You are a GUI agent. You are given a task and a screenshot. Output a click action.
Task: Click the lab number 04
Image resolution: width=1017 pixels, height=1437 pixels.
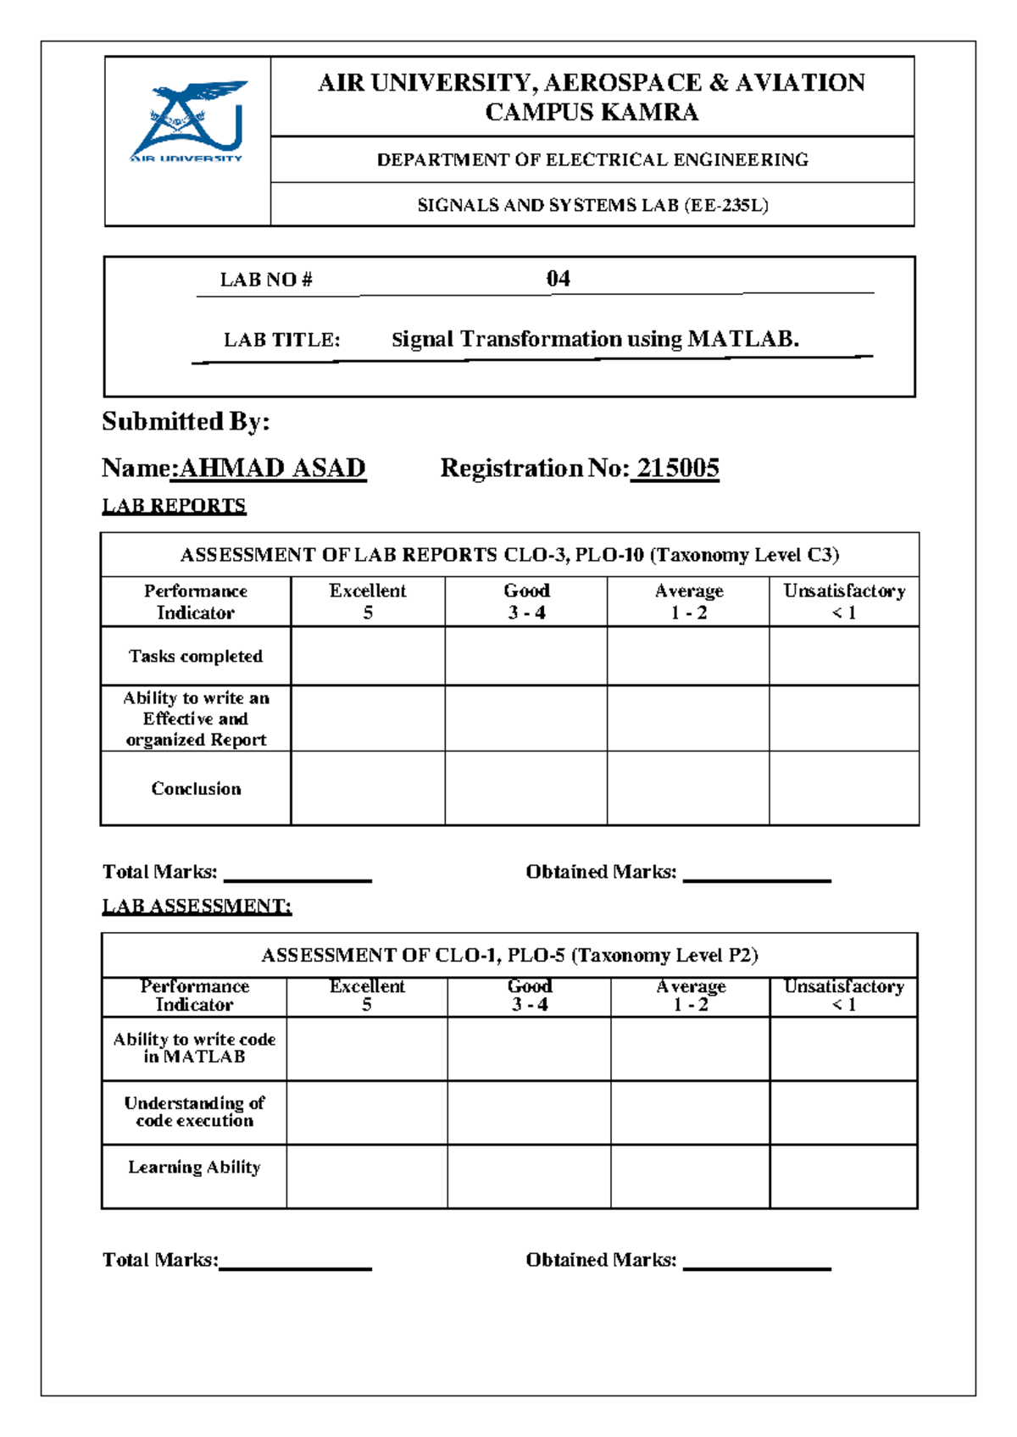558,279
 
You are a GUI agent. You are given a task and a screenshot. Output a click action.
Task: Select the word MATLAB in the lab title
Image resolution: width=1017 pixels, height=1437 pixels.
742,339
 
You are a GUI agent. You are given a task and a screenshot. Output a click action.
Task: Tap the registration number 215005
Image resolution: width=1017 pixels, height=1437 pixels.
677,468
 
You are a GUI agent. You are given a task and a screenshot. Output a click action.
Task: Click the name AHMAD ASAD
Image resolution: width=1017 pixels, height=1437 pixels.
272,468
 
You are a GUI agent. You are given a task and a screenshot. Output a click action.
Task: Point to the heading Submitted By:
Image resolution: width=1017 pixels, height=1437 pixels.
186,421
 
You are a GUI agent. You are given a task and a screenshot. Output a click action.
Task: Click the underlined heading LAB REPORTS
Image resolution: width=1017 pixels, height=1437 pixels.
174,506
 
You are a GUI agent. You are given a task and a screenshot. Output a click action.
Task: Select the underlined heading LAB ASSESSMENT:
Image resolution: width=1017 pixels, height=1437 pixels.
197,906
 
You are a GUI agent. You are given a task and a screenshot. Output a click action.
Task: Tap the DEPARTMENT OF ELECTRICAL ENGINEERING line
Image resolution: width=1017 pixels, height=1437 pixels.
592,159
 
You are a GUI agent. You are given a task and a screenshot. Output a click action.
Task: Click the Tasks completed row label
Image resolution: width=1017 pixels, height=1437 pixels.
196,656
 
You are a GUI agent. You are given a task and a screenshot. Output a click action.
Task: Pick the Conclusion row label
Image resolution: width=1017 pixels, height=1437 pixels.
196,788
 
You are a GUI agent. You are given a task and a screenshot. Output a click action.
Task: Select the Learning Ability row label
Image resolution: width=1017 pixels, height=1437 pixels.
194,1167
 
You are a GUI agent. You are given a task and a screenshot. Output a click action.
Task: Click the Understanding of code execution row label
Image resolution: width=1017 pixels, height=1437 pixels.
194,1112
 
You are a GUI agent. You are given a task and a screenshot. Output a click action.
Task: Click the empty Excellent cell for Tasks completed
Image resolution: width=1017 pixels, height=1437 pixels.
368,656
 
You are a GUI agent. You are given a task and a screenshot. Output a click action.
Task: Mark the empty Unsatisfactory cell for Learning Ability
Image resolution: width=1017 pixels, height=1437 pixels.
843,1176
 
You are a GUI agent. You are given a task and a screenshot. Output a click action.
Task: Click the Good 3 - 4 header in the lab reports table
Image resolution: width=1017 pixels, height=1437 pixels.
526,602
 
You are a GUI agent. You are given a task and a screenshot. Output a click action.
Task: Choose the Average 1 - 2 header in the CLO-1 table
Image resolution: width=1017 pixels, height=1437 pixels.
691,996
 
